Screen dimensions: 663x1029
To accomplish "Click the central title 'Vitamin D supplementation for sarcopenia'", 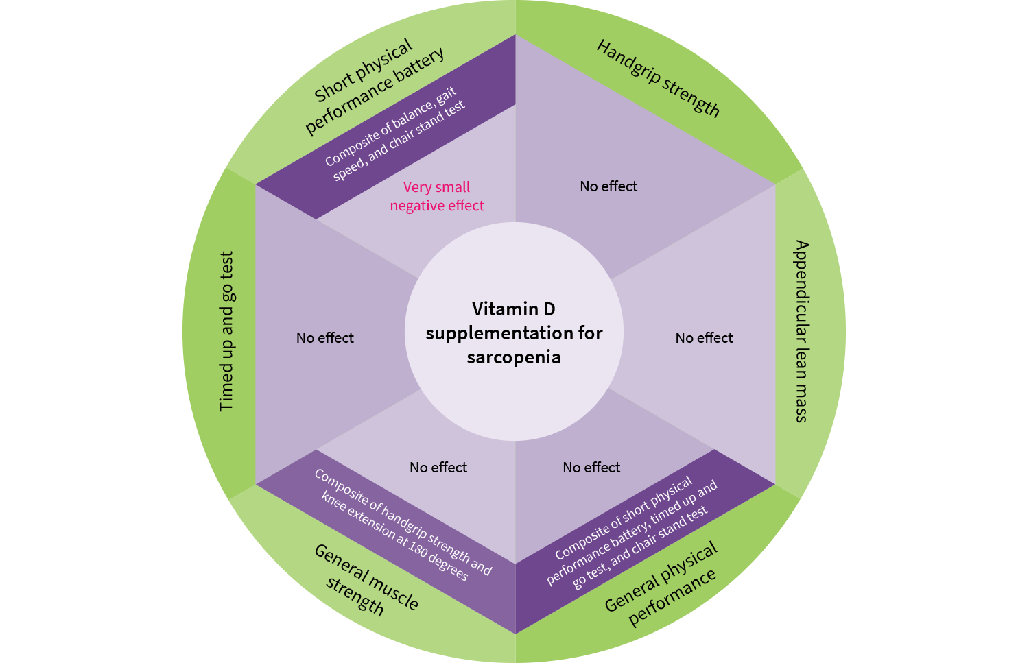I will [x=514, y=333].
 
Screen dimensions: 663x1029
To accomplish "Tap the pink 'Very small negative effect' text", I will [x=437, y=197].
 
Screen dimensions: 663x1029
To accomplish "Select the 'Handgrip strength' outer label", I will [x=658, y=78].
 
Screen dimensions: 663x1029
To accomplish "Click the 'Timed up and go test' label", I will [x=227, y=331].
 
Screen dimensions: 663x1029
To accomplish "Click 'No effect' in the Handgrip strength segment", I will [x=608, y=186].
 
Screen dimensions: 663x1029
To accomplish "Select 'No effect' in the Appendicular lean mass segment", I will [x=704, y=338].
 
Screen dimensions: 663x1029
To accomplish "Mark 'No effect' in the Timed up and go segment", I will [x=325, y=338].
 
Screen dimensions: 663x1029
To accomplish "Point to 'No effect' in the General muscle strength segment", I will [x=438, y=468].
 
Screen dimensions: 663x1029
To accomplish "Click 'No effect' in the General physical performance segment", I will [x=591, y=468].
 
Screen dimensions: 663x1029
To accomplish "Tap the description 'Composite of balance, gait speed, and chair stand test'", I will [x=394, y=135].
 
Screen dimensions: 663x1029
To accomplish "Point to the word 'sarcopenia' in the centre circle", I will [x=514, y=357].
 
